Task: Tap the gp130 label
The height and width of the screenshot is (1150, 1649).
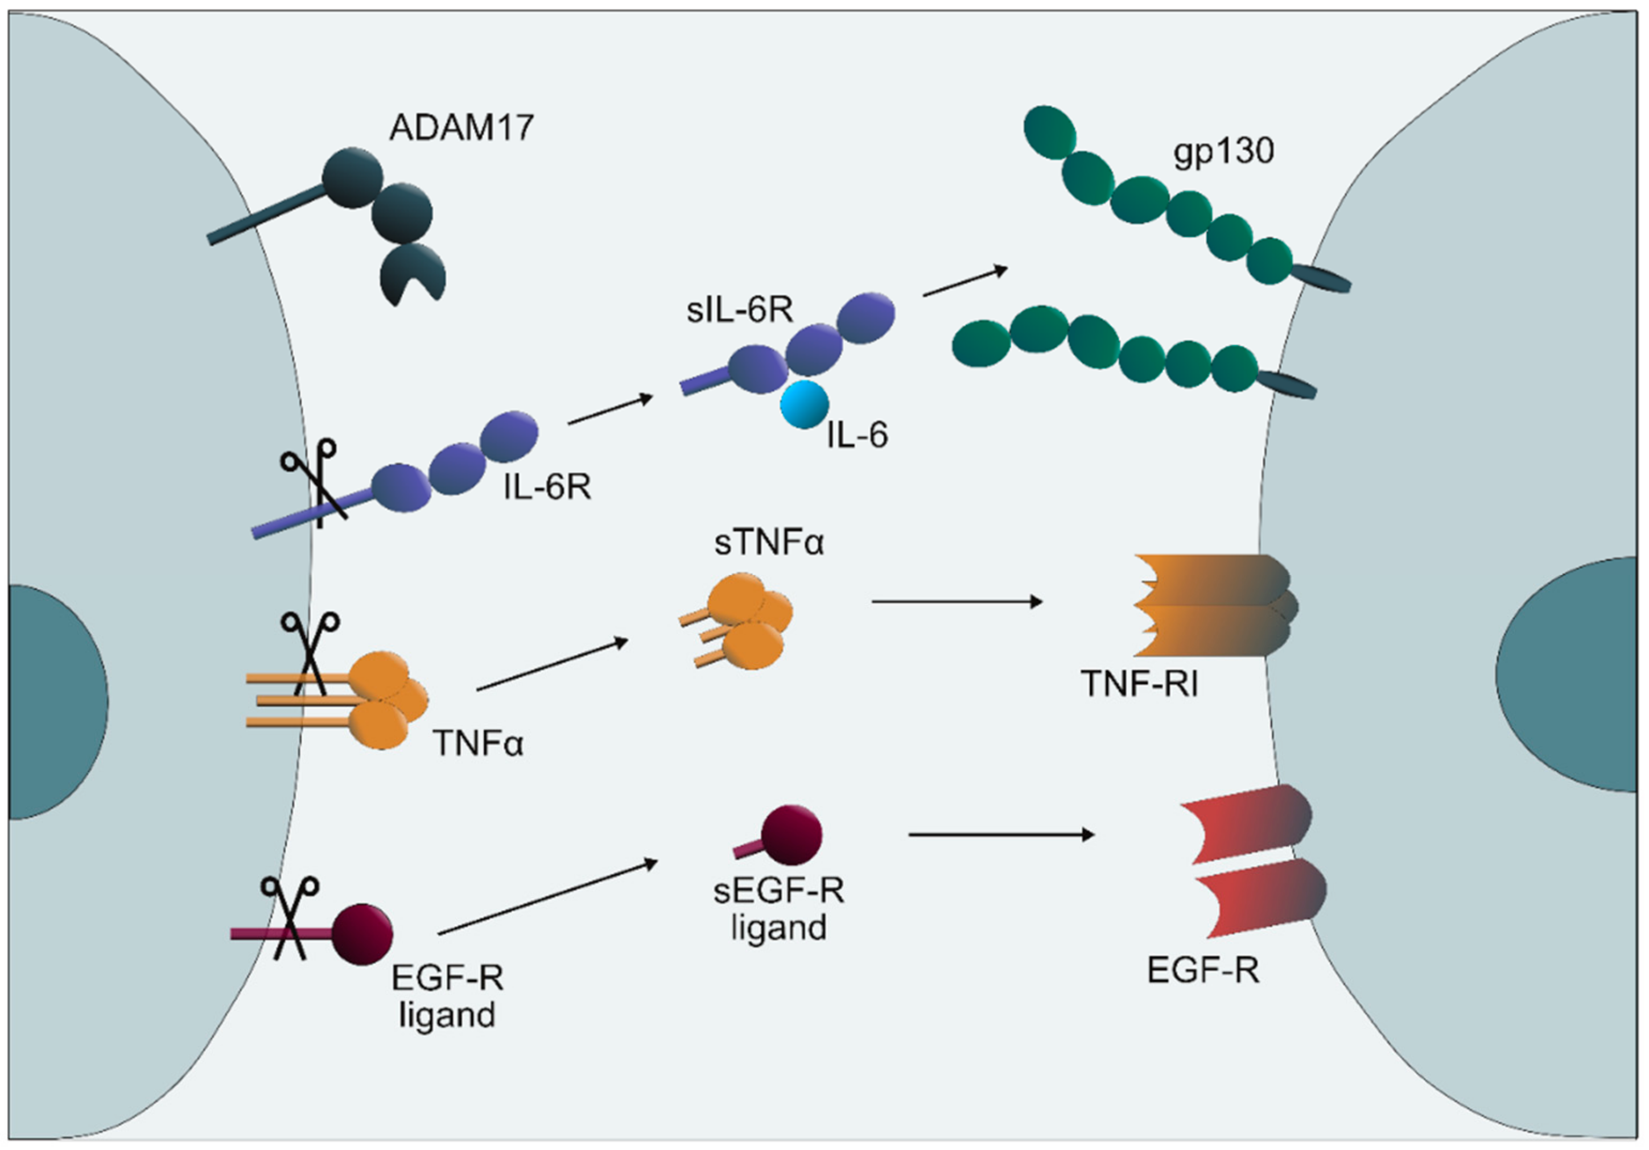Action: click(x=1223, y=151)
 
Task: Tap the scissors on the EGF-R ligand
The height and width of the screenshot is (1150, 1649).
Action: click(x=290, y=917)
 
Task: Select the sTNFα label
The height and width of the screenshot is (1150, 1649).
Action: click(x=769, y=543)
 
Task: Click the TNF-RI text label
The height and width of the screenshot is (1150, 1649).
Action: click(x=1139, y=684)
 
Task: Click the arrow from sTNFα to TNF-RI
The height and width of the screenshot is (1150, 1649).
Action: click(x=956, y=602)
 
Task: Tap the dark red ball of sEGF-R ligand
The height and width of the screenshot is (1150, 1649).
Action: click(x=791, y=834)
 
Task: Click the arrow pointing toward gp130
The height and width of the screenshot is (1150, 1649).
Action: click(x=965, y=282)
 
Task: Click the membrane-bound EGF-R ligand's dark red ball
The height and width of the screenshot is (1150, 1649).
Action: click(x=362, y=933)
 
